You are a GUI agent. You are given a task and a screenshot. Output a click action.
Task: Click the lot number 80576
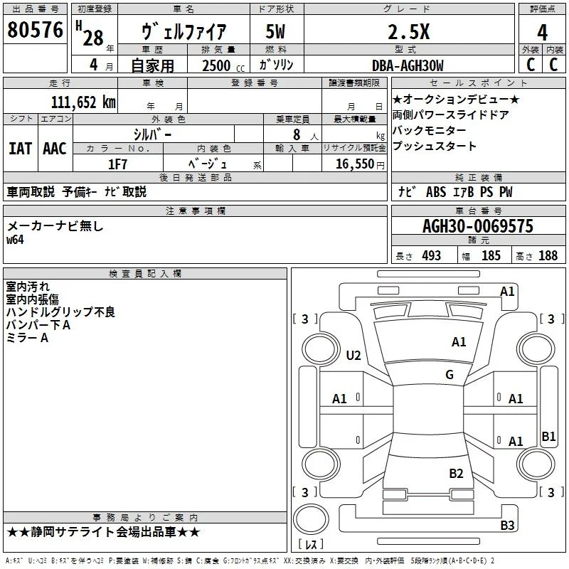[35, 30]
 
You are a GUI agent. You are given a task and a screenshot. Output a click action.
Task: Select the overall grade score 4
[542, 33]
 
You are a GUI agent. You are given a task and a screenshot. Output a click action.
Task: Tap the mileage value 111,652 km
[83, 102]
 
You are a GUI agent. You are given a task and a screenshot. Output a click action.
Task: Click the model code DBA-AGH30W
[408, 65]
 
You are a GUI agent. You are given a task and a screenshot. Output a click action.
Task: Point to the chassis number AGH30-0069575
[478, 226]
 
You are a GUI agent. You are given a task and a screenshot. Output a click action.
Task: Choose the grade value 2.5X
[408, 32]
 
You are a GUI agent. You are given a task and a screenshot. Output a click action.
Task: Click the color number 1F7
[117, 164]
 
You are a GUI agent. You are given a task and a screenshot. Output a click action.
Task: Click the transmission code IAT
[20, 149]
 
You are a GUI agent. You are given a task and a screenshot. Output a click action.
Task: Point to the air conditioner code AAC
[55, 149]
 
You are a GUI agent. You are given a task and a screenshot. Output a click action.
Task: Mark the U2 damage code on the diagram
[353, 355]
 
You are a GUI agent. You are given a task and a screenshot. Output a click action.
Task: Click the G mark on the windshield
[450, 374]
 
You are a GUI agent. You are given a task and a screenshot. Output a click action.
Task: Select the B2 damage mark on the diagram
[456, 473]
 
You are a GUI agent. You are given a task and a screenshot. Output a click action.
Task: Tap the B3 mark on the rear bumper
[507, 525]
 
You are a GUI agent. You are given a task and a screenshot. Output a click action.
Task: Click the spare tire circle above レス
[311, 519]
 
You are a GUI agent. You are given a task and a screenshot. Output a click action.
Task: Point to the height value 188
[548, 255]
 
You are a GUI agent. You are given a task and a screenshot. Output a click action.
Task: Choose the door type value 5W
[275, 32]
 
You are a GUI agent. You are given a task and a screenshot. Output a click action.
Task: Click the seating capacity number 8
[297, 134]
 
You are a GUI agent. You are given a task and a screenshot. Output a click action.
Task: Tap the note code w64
[15, 240]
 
